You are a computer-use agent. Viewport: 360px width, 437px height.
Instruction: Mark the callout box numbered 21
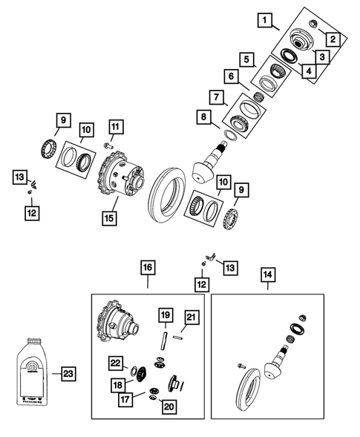(192, 318)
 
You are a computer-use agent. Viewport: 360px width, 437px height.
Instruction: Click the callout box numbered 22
(117, 362)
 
